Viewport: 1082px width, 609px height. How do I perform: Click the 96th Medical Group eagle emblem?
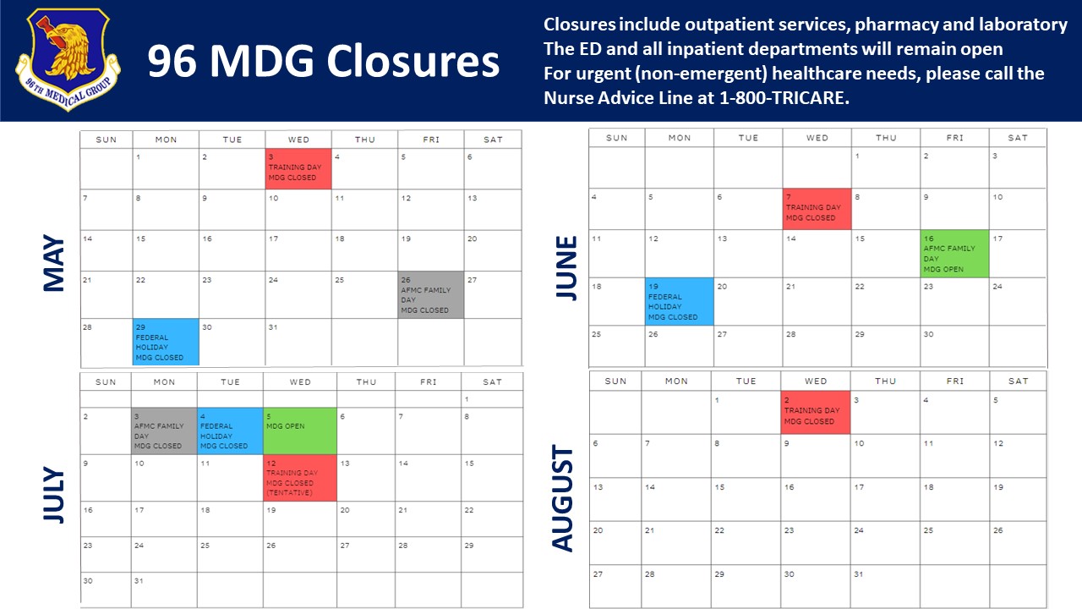(68, 59)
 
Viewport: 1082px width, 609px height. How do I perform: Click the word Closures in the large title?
(413, 62)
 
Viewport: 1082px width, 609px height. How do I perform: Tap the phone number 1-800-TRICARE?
(784, 98)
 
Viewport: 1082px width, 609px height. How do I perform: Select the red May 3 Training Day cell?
(298, 168)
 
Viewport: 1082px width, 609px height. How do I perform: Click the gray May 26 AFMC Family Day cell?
(431, 295)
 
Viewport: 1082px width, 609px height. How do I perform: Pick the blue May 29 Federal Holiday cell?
(166, 342)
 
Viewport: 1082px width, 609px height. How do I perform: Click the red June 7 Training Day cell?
(817, 209)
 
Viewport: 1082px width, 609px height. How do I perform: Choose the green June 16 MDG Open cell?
(954, 254)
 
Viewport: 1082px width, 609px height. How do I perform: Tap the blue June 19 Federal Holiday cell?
(679, 302)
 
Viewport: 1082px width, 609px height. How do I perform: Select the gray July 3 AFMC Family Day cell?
(164, 431)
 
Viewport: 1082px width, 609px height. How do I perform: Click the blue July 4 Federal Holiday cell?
(230, 431)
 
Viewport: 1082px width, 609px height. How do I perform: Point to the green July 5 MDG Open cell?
(300, 431)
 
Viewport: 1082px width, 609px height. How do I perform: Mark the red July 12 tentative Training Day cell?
(300, 478)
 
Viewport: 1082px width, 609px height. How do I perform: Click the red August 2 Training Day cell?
(816, 412)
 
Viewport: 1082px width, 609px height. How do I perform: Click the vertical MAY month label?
(53, 263)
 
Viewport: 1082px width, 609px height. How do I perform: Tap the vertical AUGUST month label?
(562, 498)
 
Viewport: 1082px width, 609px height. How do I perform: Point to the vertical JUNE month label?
(566, 268)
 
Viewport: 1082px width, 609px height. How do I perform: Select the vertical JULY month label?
(53, 495)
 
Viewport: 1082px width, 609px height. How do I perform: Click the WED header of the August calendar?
(816, 381)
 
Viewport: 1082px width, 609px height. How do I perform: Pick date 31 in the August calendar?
(858, 574)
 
